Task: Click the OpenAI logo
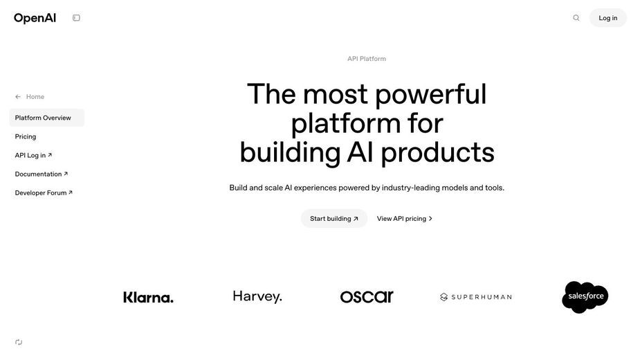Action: tap(35, 18)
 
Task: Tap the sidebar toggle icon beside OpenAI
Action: tap(76, 17)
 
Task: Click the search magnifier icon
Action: tap(576, 17)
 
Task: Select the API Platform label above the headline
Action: tap(367, 58)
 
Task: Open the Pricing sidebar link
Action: tap(26, 136)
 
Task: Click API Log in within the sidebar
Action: tap(33, 155)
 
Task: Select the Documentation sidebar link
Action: tap(42, 174)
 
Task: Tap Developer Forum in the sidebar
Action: tap(44, 193)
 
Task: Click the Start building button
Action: tap(334, 219)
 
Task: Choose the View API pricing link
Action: tap(405, 219)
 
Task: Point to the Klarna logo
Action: tap(148, 297)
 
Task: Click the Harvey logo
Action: tap(257, 297)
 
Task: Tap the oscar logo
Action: tap(367, 297)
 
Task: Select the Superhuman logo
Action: tap(476, 297)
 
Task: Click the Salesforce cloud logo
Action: tap(585, 297)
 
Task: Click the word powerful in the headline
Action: tap(430, 95)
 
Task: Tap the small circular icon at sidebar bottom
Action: tap(19, 342)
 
